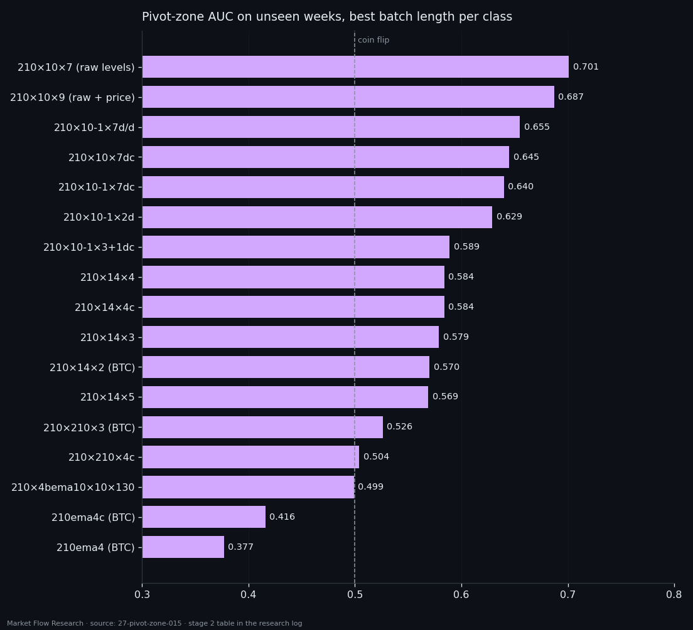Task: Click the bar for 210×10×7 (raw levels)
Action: (355, 66)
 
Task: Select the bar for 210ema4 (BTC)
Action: (183, 547)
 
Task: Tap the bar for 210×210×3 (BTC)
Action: (262, 427)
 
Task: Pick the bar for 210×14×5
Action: (285, 397)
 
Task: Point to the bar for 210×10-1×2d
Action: (317, 217)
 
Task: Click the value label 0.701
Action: (586, 66)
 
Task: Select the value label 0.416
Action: (282, 517)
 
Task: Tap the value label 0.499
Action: (370, 486)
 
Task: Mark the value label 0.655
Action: (537, 127)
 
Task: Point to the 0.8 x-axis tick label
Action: (674, 594)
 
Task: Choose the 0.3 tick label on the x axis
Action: (142, 594)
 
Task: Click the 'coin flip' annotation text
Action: (373, 39)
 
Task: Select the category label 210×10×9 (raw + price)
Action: (72, 97)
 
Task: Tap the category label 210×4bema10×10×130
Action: (73, 487)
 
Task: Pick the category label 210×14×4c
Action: (104, 307)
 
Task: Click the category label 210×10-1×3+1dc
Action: (89, 247)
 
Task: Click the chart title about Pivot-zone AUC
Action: (327, 17)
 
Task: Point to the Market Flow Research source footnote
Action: (154, 623)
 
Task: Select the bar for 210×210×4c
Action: (250, 457)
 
